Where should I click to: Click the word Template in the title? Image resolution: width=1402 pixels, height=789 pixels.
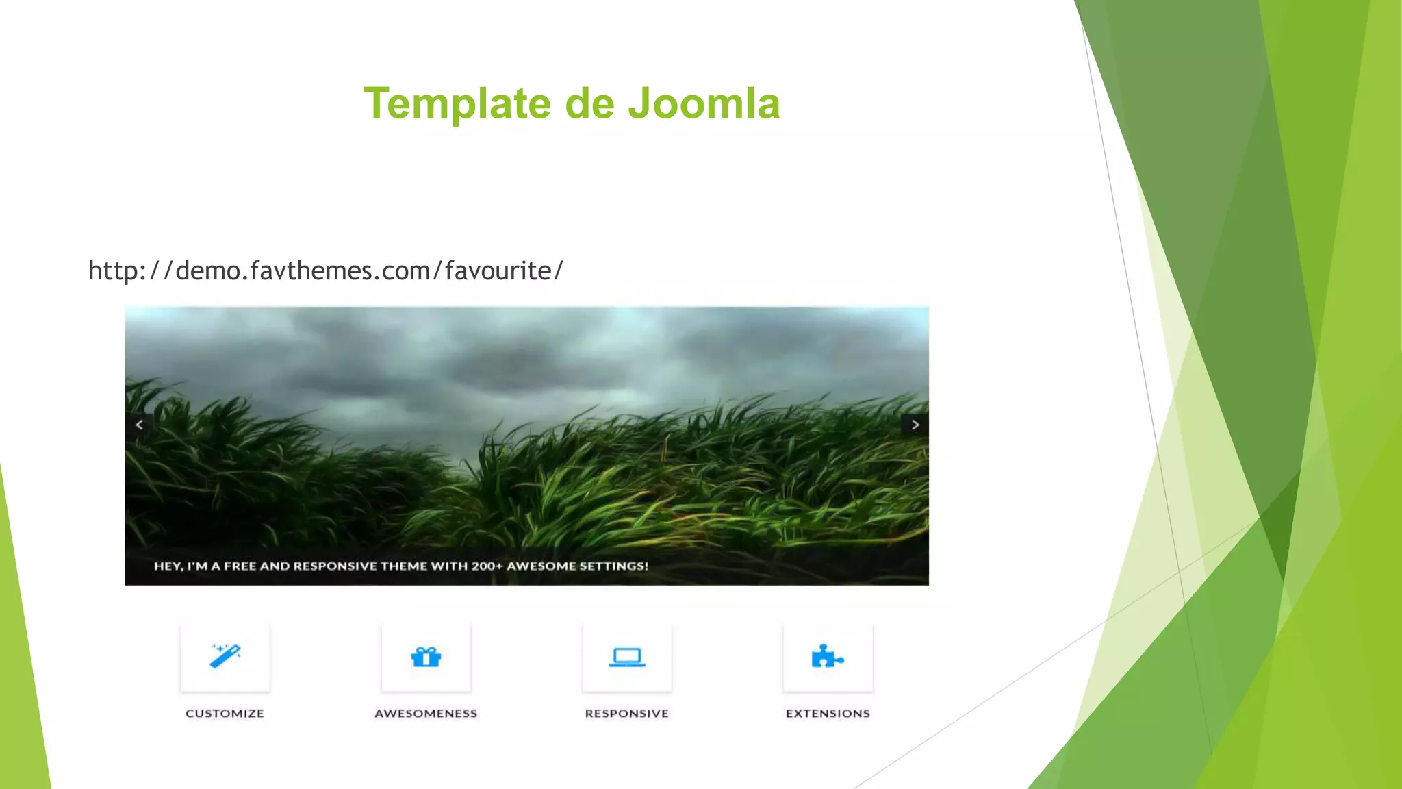[457, 104]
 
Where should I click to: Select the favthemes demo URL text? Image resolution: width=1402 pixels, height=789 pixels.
[326, 271]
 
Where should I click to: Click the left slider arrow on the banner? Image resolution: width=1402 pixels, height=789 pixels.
[139, 425]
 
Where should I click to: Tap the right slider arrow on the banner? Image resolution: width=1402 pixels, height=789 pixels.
[915, 425]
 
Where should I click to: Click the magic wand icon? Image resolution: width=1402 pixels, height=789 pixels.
[225, 656]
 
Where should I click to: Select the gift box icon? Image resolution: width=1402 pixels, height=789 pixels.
[426, 657]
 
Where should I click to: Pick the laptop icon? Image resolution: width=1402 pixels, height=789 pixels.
[626, 657]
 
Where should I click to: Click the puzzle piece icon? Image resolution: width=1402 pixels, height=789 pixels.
[827, 657]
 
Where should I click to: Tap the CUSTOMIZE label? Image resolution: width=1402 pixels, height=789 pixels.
[225, 714]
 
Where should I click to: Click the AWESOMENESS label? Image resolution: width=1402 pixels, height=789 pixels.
[426, 714]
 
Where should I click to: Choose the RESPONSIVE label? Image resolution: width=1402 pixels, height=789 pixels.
[626, 714]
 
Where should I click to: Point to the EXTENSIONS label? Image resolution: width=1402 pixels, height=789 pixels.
[828, 714]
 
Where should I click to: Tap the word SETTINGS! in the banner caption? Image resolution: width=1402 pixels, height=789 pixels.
[613, 566]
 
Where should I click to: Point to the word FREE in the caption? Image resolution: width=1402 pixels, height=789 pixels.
[240, 566]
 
